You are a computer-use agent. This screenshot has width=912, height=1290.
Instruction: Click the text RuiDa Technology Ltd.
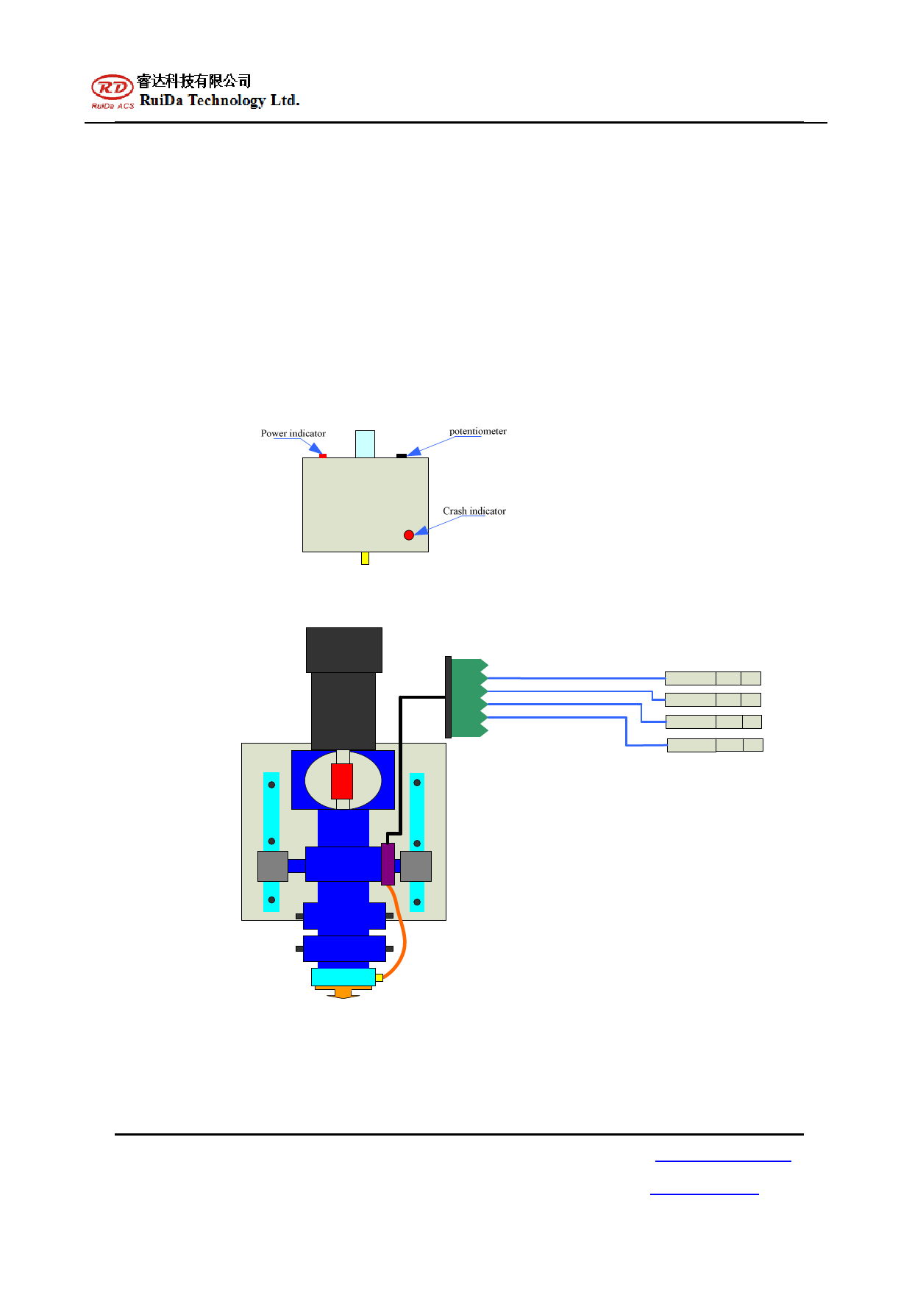(220, 100)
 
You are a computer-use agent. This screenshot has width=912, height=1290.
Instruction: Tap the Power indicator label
(293, 433)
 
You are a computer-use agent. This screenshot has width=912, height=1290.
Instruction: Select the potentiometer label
(478, 431)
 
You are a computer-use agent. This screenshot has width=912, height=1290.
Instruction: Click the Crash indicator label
(474, 511)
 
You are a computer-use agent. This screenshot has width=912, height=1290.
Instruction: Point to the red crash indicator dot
(409, 535)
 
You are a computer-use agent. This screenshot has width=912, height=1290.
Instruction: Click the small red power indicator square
(323, 456)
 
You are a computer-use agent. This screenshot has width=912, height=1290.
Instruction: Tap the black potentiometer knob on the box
(402, 456)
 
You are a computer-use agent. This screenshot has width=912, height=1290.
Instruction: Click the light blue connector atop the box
(365, 444)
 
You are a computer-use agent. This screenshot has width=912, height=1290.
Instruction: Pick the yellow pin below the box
(365, 558)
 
